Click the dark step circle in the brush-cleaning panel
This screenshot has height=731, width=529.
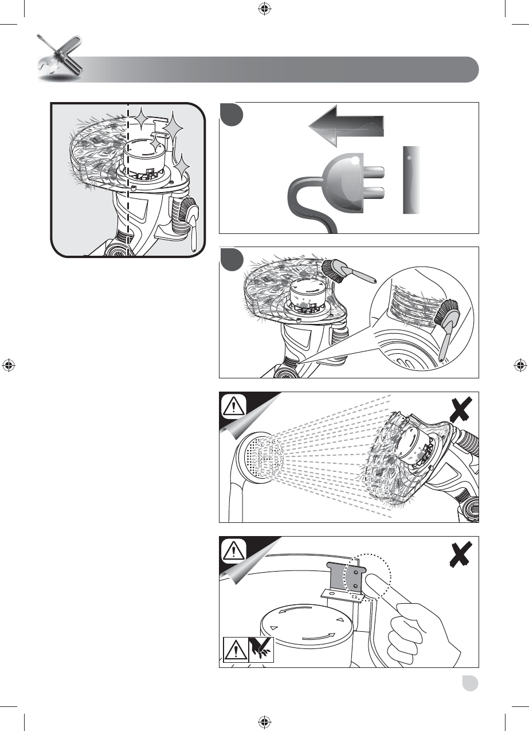231,259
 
